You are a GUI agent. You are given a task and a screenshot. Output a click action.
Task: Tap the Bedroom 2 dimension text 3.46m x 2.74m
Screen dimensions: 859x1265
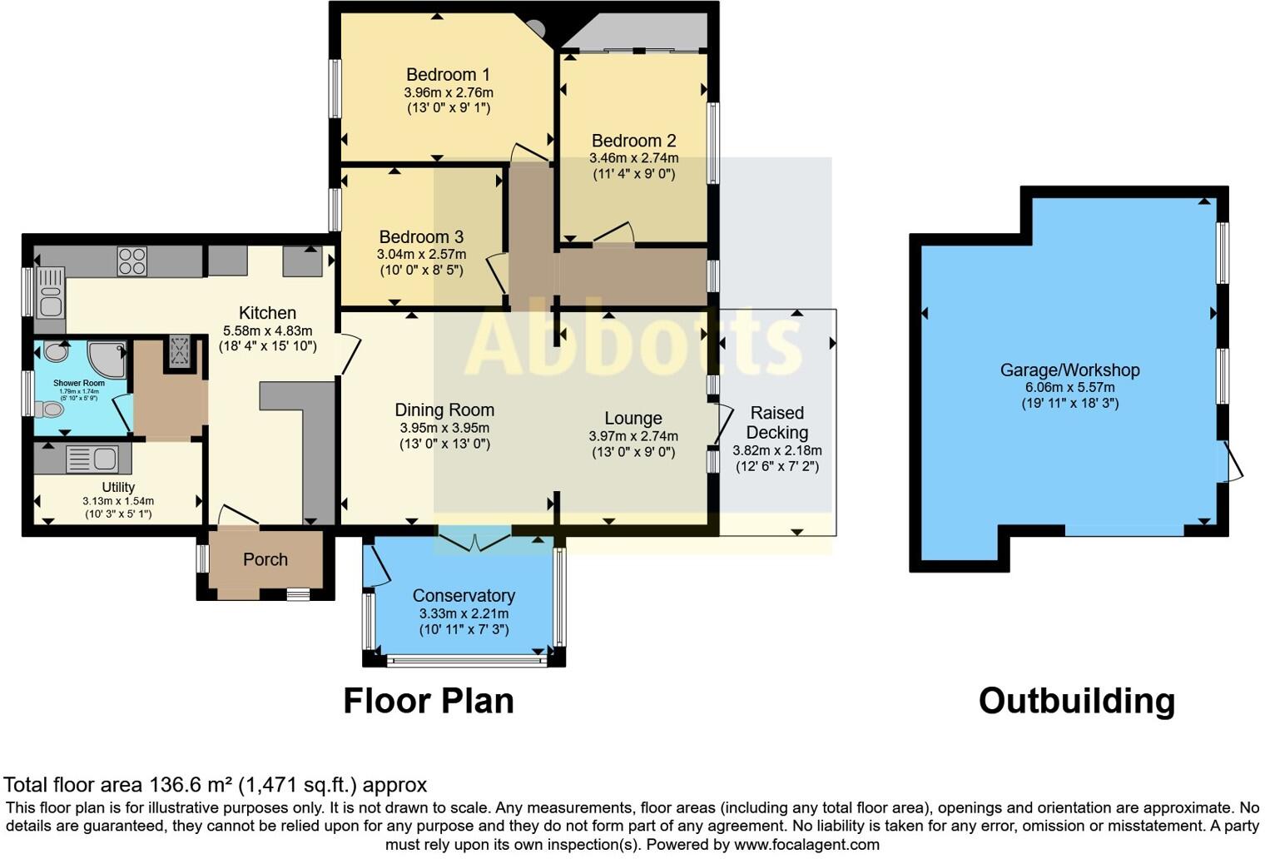633,158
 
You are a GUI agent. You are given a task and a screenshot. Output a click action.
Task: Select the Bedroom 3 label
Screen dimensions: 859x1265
421,237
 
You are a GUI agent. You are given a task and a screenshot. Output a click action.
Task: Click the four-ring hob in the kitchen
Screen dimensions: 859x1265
132,261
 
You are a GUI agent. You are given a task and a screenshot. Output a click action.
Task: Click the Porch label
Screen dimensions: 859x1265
265,560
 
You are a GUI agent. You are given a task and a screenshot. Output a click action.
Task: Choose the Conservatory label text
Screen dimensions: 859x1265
464,596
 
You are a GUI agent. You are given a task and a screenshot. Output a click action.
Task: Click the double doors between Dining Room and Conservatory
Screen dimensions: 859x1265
474,541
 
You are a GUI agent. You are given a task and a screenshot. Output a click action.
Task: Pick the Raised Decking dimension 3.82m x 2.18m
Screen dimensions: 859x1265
776,450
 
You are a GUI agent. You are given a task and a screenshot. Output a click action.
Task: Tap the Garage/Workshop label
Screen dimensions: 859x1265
1069,370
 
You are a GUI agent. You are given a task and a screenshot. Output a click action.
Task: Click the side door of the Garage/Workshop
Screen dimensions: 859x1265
1232,462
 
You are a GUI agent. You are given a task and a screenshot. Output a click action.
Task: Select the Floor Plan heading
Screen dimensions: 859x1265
429,701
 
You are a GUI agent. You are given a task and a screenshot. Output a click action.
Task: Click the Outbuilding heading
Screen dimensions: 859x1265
1076,701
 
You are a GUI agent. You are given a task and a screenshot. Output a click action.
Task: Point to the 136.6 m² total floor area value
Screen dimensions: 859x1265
191,785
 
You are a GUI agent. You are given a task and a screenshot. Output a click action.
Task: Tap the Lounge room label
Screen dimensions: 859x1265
633,419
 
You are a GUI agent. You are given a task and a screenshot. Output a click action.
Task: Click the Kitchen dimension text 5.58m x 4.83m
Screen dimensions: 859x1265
267,330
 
